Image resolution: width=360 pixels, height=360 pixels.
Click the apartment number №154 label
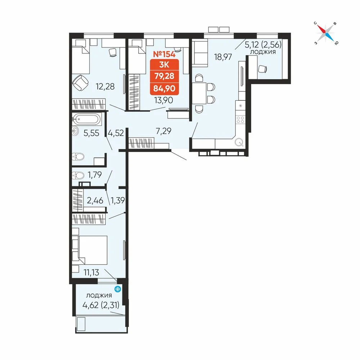(164, 54)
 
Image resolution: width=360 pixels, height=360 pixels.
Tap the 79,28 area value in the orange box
(165, 76)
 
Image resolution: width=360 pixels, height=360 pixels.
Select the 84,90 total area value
(165, 89)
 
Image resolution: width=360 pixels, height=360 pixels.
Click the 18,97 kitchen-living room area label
(223, 57)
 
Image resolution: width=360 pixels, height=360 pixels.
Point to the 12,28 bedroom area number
(105, 86)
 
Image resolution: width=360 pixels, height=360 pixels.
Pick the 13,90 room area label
(164, 100)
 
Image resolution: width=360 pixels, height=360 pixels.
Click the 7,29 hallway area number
(163, 131)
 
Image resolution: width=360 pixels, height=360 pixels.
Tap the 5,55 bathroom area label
(91, 133)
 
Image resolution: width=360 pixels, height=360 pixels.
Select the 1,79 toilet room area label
(95, 175)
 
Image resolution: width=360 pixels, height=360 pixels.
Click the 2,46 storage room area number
(95, 201)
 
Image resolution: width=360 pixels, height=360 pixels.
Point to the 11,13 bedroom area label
(91, 273)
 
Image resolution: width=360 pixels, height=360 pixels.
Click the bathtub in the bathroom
(87, 119)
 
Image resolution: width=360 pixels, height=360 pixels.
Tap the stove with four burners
(240, 120)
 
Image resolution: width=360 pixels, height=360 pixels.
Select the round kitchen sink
(239, 142)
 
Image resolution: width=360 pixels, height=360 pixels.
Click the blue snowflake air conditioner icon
(118, 289)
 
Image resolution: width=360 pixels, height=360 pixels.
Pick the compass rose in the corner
(326, 33)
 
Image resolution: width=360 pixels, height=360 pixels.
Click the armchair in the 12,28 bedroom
(80, 83)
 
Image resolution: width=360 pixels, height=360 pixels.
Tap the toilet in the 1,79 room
(78, 176)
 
